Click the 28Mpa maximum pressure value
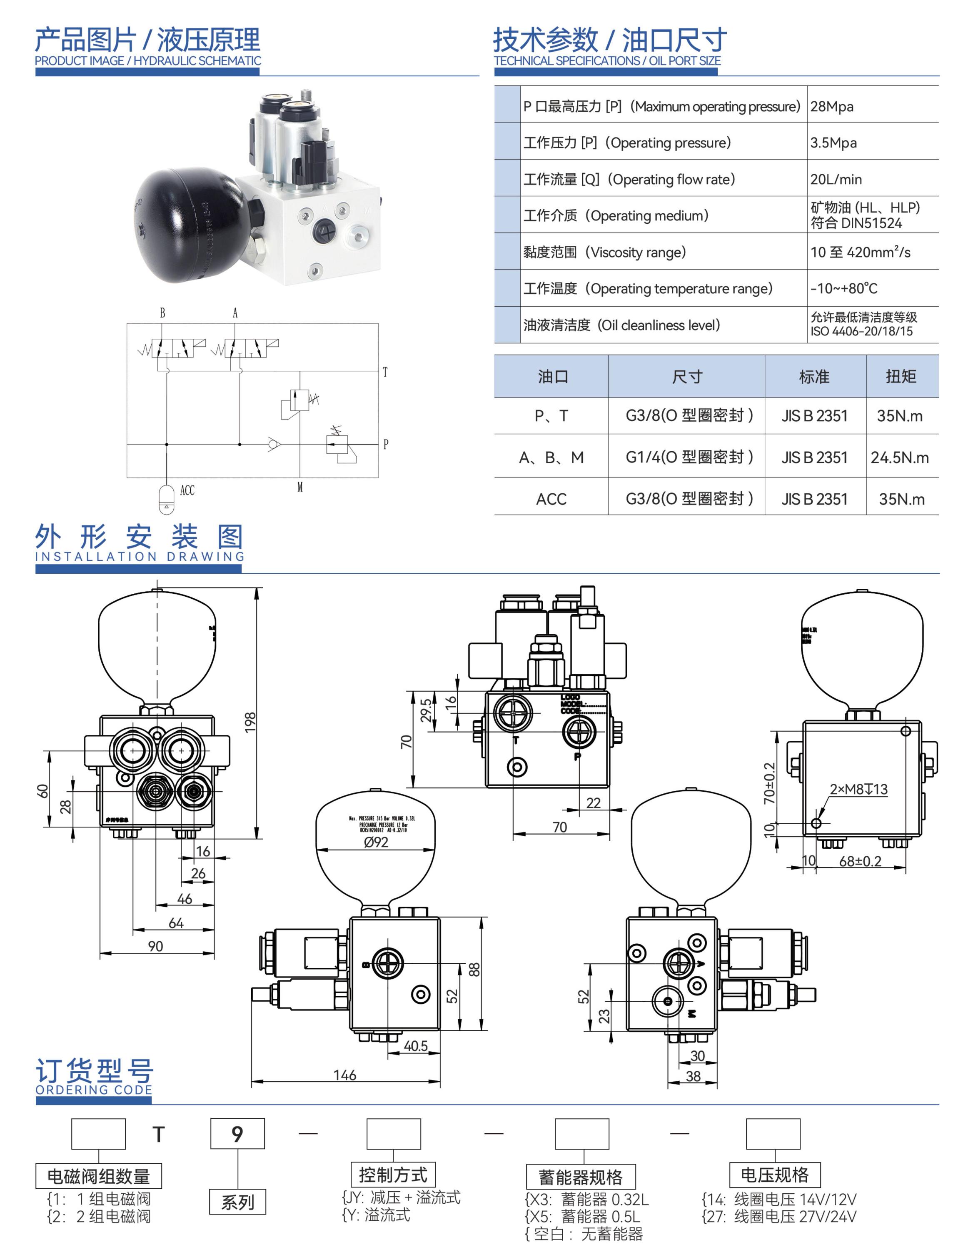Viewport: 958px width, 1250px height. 831,107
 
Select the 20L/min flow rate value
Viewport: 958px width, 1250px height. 836,179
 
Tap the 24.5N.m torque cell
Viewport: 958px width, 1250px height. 899,457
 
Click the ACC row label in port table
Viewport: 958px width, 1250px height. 551,499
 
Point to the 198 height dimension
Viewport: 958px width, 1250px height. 250,722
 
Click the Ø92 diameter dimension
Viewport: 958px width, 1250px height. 376,842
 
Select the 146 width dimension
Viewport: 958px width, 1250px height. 344,1075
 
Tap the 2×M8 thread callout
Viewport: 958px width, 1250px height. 858,789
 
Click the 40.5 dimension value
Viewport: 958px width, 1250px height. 416,1046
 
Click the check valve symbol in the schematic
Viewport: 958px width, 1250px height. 274,444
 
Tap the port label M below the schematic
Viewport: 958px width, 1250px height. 300,487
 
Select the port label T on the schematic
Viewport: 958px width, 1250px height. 385,372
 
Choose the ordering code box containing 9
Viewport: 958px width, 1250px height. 237,1134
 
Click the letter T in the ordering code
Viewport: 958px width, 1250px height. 159,1134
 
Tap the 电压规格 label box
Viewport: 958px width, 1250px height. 774,1175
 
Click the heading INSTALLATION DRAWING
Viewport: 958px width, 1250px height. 140,556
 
